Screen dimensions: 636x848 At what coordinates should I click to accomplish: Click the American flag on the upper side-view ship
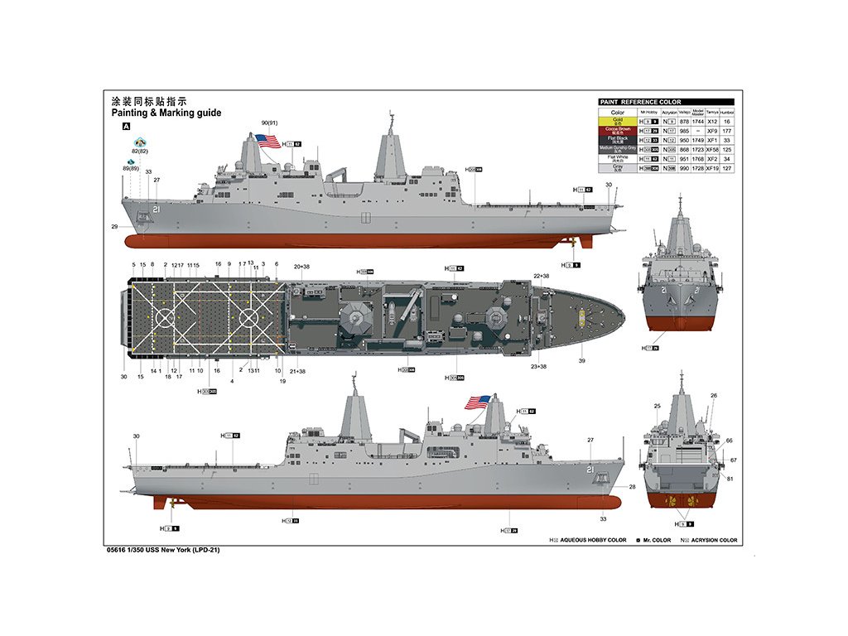coord(268,141)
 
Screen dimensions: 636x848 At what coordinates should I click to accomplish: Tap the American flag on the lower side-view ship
coord(477,402)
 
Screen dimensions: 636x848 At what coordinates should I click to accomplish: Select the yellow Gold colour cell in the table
coord(617,122)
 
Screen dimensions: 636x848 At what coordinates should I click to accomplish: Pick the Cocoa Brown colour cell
coord(617,131)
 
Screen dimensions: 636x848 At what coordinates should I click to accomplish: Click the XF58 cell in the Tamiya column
coord(711,149)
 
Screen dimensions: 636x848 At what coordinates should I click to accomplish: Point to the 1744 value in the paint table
coord(697,122)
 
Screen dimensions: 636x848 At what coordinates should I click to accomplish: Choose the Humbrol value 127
coord(726,168)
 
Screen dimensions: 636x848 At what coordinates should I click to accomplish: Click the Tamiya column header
coord(711,112)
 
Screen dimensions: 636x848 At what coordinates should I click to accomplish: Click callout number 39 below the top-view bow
coord(582,361)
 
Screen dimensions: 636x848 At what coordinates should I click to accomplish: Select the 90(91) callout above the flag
coord(269,123)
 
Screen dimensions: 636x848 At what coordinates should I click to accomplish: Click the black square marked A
coord(126,127)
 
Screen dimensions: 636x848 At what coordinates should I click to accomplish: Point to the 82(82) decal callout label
coord(138,152)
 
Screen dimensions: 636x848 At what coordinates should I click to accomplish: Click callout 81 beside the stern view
coord(730,479)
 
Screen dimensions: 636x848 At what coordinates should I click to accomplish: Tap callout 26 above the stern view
coord(714,396)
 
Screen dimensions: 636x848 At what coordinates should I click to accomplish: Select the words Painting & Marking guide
coord(166,113)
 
